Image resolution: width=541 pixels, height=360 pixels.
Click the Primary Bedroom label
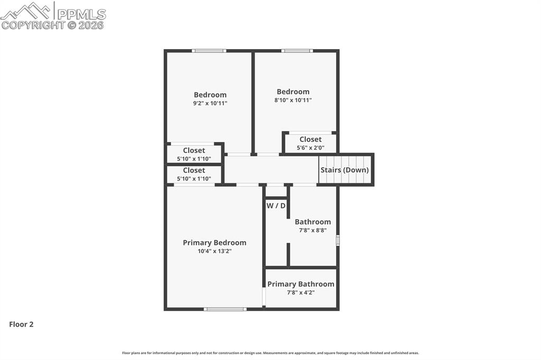pos(214,243)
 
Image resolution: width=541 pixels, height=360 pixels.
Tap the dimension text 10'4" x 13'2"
pos(214,251)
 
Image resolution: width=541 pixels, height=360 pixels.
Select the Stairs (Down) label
pos(344,170)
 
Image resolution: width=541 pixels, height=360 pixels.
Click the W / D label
pos(276,205)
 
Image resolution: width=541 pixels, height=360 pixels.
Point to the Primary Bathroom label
pos(301,284)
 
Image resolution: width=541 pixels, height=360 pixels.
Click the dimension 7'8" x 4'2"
pos(301,292)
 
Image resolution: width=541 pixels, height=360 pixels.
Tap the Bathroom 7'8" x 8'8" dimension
pos(313,231)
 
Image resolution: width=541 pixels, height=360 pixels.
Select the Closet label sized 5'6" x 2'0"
pos(311,139)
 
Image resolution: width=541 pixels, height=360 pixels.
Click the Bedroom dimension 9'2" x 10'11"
pos(210,103)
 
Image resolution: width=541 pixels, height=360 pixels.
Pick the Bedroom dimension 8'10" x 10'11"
pos(293,100)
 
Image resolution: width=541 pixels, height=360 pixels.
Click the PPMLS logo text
pos(80,14)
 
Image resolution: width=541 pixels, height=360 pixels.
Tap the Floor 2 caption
pos(21,325)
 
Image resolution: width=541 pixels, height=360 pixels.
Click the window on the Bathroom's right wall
pos(338,241)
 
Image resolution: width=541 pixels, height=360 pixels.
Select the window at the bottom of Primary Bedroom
pos(225,309)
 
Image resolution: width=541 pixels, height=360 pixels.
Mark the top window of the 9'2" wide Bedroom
pos(209,51)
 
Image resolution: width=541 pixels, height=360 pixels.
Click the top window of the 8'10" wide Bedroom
pos(297,51)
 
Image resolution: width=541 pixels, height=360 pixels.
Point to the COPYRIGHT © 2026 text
pos(53,25)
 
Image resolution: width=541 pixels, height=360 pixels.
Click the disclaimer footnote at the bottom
pos(270,353)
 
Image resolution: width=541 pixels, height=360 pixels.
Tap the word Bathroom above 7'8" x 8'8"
pos(313,222)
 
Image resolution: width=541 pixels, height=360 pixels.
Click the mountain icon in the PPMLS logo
pos(26,11)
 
